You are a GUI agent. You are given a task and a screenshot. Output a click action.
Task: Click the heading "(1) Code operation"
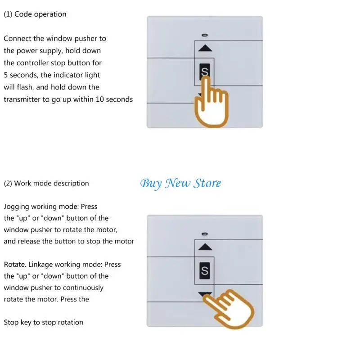[35, 14]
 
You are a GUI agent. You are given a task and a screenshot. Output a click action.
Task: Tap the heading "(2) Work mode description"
[46, 184]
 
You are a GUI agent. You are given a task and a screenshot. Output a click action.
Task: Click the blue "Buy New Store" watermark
[180, 184]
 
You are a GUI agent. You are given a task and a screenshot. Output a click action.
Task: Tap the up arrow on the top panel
[205, 48]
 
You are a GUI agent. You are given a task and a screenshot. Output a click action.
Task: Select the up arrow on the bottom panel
[205, 247]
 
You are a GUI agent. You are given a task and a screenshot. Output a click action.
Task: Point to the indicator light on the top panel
[205, 35]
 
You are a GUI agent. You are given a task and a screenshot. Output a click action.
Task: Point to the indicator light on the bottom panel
[205, 234]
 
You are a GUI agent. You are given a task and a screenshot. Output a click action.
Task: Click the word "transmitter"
[22, 99]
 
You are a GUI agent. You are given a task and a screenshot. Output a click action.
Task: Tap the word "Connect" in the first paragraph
[18, 39]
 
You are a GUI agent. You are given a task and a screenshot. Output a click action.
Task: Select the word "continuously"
[83, 288]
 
